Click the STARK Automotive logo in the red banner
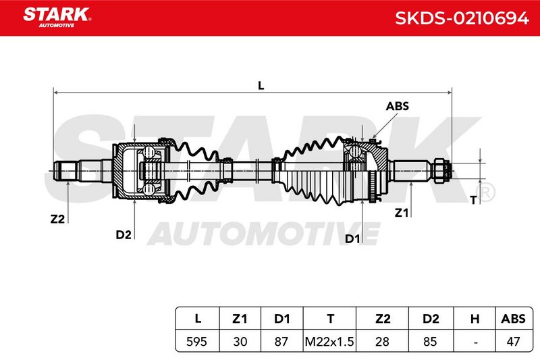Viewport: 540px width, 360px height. [x=57, y=18]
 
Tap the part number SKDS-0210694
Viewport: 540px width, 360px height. [x=462, y=18]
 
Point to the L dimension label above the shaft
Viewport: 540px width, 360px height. [x=261, y=85]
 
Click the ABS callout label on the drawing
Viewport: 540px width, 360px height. [x=397, y=106]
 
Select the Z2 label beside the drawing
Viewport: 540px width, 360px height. [x=57, y=219]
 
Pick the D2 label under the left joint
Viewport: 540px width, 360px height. [x=124, y=234]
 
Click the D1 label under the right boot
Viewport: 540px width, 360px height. [x=352, y=238]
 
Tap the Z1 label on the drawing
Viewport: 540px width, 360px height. [x=401, y=213]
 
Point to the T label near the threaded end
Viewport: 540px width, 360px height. [x=474, y=200]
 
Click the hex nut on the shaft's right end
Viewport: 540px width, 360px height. [x=439, y=171]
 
